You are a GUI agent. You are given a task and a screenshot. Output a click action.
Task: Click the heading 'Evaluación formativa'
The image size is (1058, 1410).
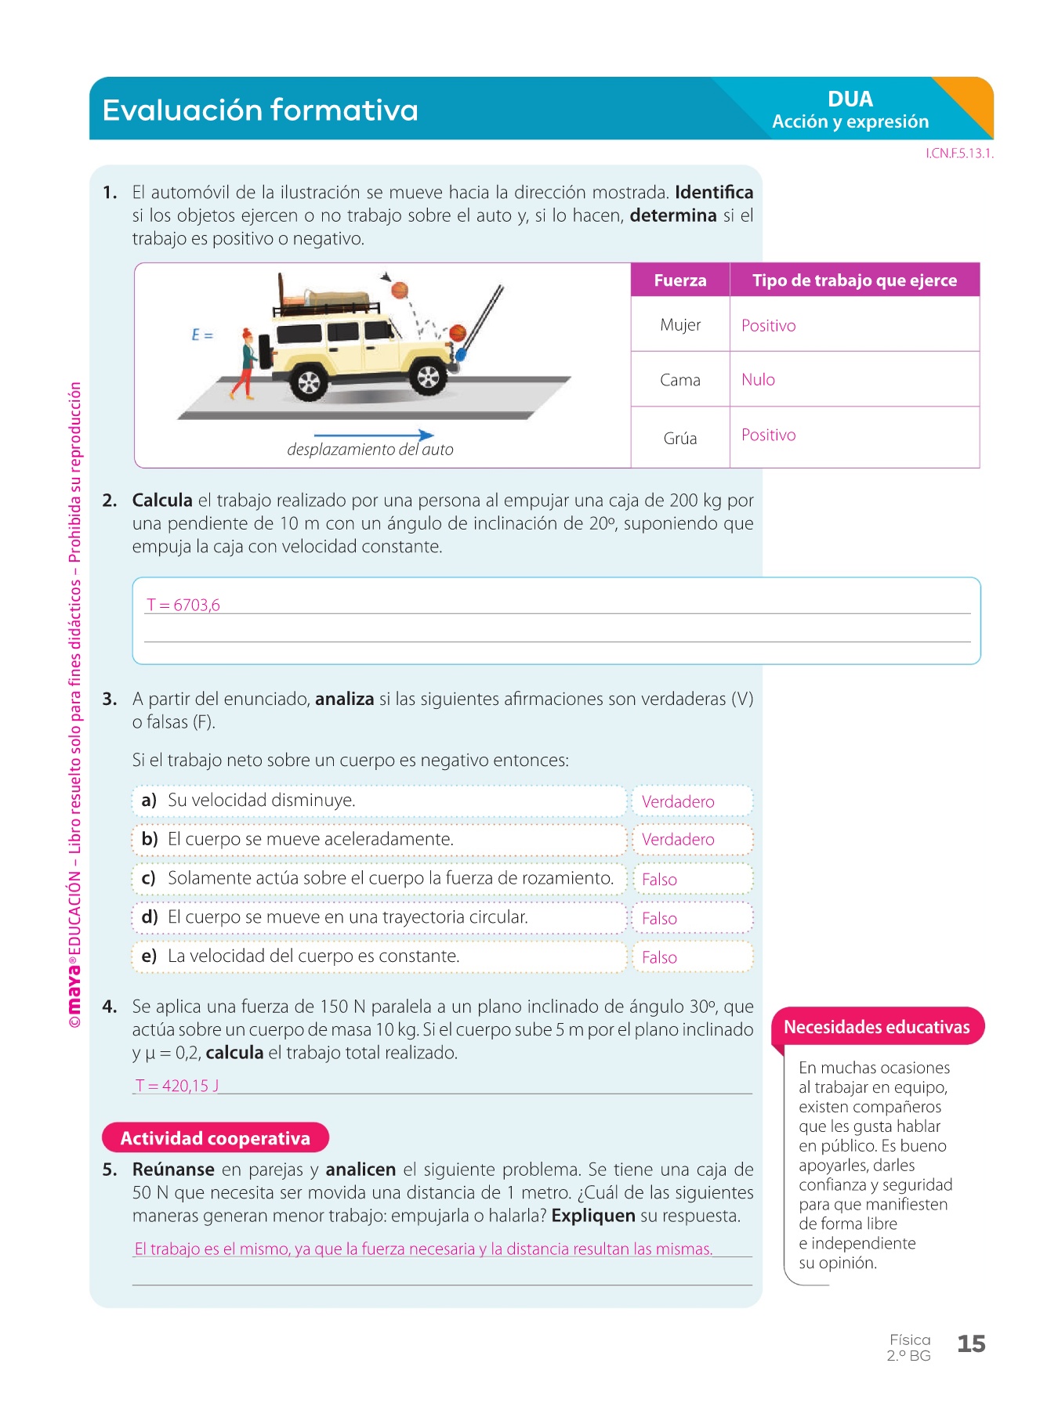tap(260, 110)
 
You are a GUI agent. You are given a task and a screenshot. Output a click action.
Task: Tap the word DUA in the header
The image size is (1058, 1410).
tap(850, 99)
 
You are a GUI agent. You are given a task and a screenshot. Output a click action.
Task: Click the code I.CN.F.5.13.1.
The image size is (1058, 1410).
tap(959, 154)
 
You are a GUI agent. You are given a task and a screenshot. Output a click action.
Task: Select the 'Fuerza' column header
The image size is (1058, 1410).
tap(680, 280)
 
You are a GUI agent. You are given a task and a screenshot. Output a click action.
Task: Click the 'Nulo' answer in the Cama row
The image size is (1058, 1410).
tap(758, 380)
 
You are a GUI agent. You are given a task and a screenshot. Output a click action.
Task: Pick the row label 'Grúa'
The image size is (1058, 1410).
tap(680, 439)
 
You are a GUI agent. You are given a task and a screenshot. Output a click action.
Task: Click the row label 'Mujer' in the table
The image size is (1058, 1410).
tap(680, 325)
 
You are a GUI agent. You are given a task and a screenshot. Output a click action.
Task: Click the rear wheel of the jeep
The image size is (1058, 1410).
tap(309, 382)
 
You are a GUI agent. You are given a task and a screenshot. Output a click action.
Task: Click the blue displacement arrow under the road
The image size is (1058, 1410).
tap(374, 435)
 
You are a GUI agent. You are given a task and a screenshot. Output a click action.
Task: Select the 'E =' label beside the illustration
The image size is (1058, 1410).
tap(202, 335)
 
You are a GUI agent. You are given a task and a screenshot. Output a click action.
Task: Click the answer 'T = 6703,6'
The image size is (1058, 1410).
tap(183, 605)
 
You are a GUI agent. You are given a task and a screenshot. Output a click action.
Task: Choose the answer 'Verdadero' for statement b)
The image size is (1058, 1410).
tap(678, 840)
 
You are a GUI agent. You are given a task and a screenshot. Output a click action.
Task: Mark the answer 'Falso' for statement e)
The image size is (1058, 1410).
tap(659, 957)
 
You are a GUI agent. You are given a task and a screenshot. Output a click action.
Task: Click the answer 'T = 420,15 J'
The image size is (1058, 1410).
tap(177, 1086)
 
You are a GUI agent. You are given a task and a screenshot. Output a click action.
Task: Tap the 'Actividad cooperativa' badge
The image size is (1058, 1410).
tap(216, 1138)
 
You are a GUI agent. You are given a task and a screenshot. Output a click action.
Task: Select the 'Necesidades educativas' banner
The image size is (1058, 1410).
tap(877, 1027)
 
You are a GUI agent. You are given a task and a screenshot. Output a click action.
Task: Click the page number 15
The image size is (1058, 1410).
tap(971, 1344)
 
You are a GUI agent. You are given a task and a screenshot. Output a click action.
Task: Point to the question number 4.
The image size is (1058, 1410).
tap(110, 1007)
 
